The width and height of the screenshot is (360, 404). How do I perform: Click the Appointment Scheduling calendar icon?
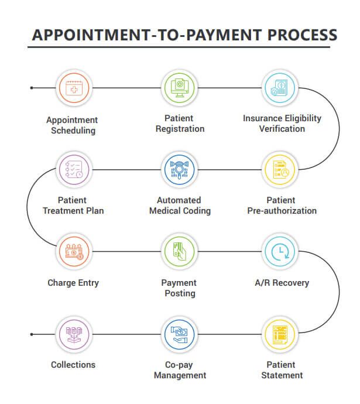point(74,88)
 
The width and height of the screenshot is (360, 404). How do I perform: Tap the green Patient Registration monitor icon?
point(179,88)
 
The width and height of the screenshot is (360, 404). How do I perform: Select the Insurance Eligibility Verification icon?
point(280,88)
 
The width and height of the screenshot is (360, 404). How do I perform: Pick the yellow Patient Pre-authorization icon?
point(280,170)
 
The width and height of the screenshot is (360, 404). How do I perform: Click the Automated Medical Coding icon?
point(179,170)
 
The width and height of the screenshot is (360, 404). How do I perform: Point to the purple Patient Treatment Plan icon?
point(74,170)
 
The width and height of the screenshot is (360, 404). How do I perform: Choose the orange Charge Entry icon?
point(74,252)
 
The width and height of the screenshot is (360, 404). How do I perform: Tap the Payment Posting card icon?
point(179,252)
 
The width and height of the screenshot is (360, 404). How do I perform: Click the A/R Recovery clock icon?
point(280,252)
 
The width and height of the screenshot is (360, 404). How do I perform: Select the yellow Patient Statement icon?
point(280,334)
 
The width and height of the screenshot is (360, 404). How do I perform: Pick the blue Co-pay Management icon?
point(179,334)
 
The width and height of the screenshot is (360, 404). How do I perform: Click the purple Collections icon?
point(74,334)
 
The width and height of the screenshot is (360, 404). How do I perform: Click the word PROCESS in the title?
point(302,35)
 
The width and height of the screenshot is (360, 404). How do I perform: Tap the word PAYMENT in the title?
point(224,35)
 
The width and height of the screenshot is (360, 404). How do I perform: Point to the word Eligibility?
point(303,118)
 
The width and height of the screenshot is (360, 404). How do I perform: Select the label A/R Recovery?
point(282,283)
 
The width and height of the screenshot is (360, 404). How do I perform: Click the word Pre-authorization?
point(282,211)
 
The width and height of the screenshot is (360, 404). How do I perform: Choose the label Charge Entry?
point(73,283)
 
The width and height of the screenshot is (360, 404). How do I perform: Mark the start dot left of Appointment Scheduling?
point(32,88)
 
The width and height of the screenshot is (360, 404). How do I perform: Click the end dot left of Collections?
point(32,334)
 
